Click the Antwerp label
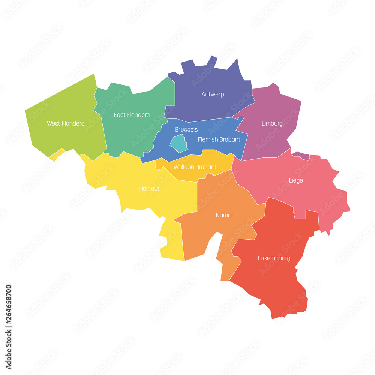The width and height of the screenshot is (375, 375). point(213,94)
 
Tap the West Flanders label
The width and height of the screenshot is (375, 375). point(66,123)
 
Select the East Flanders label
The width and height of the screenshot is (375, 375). point(132,115)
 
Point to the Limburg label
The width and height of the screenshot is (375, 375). point(272,123)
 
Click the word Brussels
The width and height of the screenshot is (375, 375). point(186,129)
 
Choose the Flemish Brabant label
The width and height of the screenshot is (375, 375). point(219,139)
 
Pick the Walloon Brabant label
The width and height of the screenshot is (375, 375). point(195,167)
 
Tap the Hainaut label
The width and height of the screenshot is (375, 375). point(149,189)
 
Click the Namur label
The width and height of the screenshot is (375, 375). point(225,215)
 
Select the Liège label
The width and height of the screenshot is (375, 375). point(296,180)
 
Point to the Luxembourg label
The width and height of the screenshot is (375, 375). point(274,258)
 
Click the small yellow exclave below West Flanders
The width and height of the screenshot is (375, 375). point(56,155)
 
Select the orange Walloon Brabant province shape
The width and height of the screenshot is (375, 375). point(217,159)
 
